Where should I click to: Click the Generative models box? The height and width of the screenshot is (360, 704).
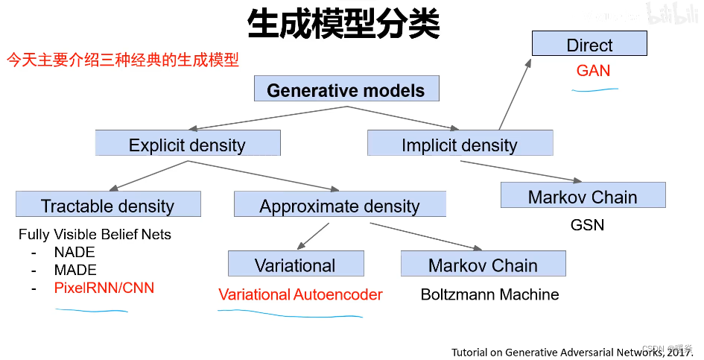tap(346, 90)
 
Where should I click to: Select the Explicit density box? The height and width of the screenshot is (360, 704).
tap(188, 144)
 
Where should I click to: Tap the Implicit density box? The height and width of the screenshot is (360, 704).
tap(460, 144)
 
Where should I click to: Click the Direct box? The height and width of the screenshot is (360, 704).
tap(589, 45)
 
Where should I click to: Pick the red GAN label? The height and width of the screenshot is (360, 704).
tap(593, 71)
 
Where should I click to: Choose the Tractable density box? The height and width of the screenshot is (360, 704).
tap(108, 205)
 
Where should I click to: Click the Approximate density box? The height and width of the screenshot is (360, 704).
tap(340, 205)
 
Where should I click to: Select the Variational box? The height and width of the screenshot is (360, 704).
tap(296, 265)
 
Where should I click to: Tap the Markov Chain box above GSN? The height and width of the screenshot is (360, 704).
tap(583, 196)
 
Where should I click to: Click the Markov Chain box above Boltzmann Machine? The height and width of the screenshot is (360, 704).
tap(483, 265)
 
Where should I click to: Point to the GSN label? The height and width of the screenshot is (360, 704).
tap(587, 224)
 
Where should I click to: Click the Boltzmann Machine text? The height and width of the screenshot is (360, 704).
tap(489, 294)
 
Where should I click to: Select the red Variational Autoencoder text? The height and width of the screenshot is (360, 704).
tap(300, 294)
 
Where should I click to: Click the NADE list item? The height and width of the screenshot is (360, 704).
tap(75, 252)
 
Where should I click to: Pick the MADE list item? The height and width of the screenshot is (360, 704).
tap(75, 270)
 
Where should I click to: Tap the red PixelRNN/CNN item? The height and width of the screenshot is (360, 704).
tap(104, 288)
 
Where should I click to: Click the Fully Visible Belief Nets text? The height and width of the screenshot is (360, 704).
tap(95, 234)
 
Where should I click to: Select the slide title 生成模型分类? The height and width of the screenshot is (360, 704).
tap(343, 24)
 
